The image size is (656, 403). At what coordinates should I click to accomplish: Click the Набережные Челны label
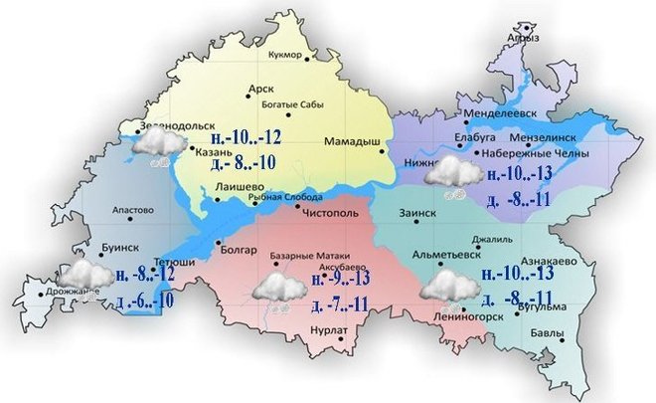534,154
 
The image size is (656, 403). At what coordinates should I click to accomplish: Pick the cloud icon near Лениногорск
447,288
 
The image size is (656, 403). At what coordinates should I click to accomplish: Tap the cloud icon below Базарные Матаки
278,290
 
